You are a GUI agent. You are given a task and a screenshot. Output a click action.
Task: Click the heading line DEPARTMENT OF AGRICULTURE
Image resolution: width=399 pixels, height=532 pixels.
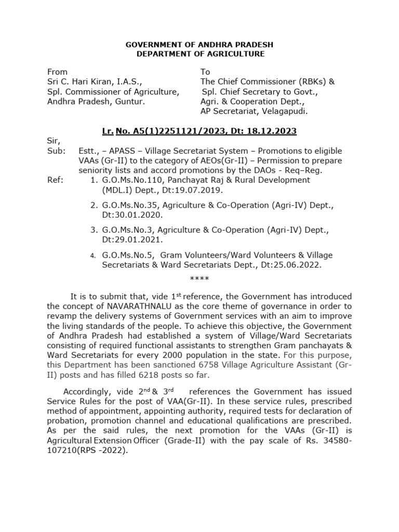click(200, 54)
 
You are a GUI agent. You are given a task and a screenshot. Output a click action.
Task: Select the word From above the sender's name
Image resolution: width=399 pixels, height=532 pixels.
click(57, 72)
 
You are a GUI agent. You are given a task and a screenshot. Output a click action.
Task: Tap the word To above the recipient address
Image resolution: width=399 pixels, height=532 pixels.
click(205, 72)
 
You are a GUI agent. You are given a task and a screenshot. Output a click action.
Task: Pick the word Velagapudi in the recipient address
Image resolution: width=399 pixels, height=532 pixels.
click(287, 111)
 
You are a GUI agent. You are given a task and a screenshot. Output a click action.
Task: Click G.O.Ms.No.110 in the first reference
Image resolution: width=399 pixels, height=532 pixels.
click(130, 180)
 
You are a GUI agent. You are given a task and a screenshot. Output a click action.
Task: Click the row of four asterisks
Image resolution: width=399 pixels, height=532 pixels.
click(199, 279)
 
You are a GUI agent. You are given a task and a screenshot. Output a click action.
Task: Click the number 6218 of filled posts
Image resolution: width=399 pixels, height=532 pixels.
click(146, 375)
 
